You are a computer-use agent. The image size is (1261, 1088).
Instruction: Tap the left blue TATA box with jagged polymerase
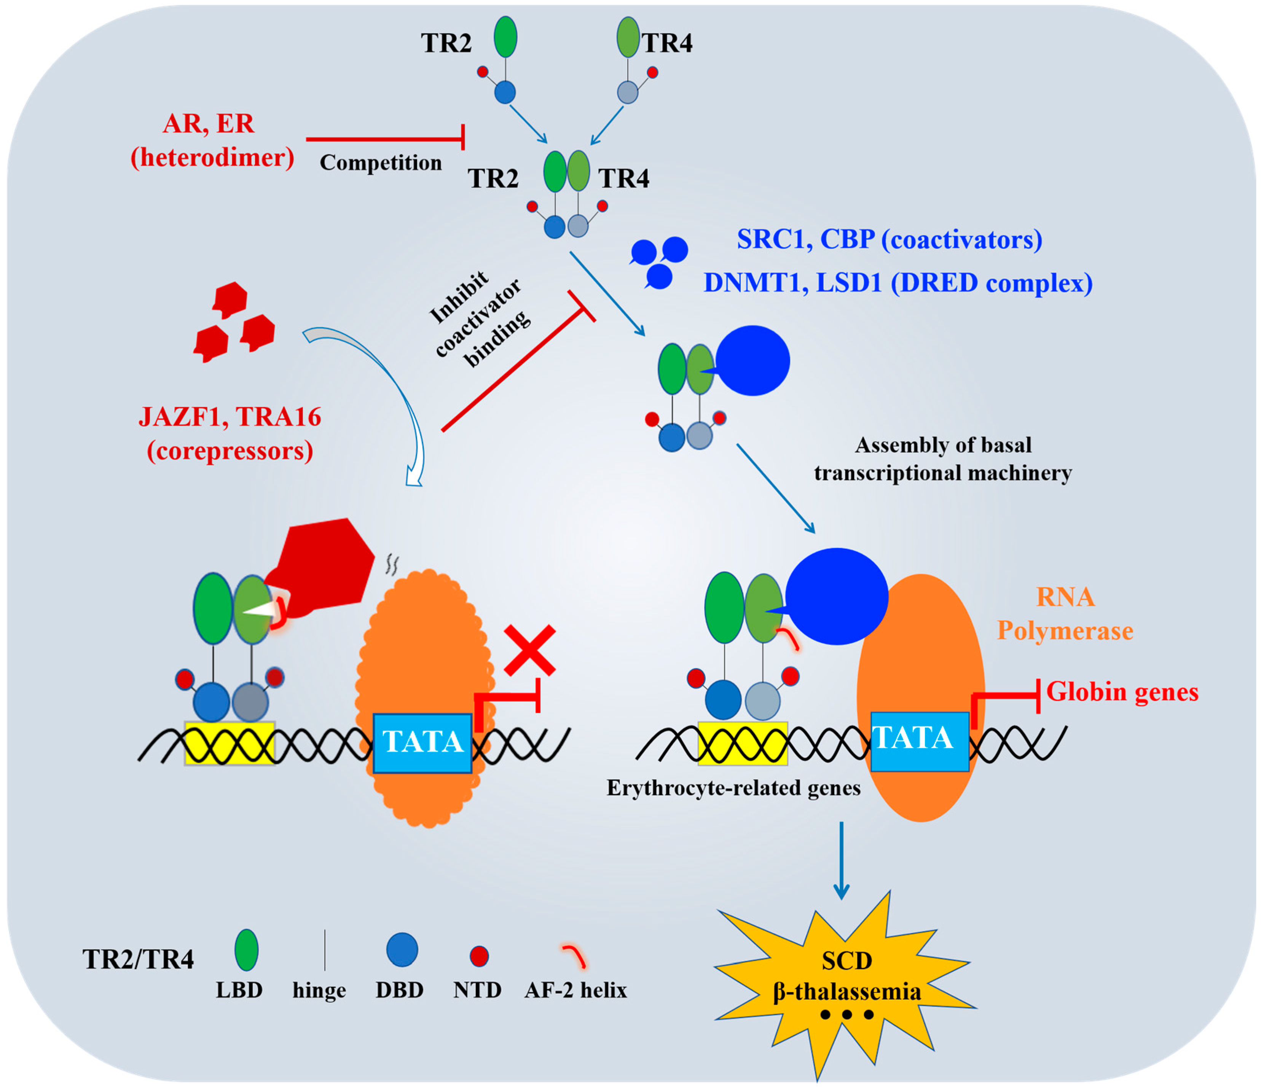click(422, 742)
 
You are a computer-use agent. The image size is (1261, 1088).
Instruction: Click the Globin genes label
click(1122, 692)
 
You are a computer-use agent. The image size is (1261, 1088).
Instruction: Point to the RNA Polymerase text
click(1065, 613)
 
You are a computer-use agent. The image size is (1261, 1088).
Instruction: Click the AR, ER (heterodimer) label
click(212, 140)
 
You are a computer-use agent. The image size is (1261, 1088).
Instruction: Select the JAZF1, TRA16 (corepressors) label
click(230, 433)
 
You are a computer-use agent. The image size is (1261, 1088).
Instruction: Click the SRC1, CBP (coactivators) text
click(889, 239)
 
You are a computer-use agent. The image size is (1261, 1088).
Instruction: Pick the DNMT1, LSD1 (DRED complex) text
click(898, 283)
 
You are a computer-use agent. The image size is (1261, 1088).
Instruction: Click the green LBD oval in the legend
click(247, 949)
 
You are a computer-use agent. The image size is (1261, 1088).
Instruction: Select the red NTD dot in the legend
click(479, 956)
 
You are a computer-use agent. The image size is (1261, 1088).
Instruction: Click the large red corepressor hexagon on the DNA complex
click(325, 566)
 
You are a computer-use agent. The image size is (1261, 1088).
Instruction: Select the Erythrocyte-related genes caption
click(733, 788)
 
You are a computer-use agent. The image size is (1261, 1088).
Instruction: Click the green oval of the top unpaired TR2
click(505, 37)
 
